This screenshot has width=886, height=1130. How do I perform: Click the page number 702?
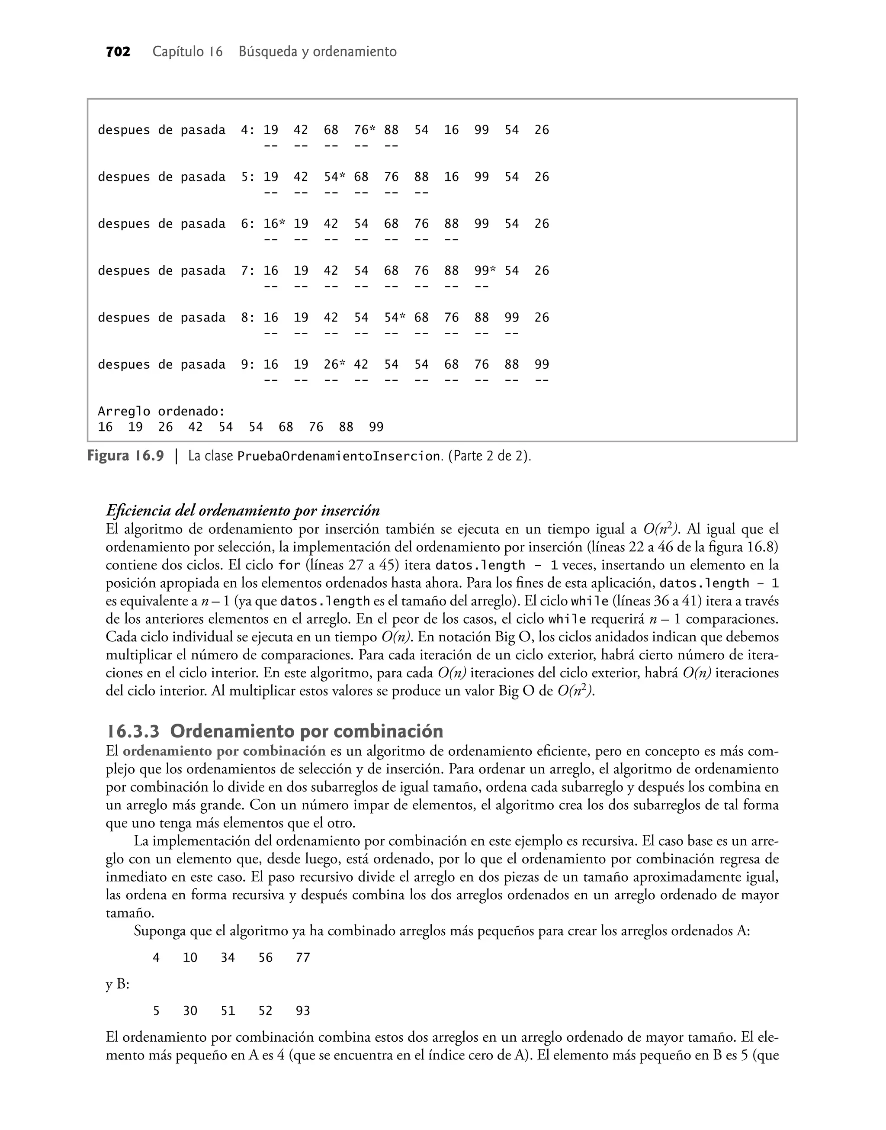[118, 52]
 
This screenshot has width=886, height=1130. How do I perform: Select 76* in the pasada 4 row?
[364, 130]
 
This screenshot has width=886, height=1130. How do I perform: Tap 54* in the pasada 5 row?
[334, 177]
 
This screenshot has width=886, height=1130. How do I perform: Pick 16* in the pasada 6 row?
[274, 224]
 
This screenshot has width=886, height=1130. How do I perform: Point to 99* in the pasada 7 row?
[485, 270]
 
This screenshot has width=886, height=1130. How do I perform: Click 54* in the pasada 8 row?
[394, 318]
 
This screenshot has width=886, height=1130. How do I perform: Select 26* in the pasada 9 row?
[334, 364]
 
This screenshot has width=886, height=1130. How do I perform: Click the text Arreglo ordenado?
[161, 412]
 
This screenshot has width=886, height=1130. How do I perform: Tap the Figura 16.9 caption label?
[125, 456]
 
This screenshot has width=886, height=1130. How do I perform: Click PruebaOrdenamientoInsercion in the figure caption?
[338, 457]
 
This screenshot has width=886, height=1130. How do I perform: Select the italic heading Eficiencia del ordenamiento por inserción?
[243, 511]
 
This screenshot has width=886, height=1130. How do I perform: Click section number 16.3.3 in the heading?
[133, 731]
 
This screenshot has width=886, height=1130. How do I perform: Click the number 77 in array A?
[302, 958]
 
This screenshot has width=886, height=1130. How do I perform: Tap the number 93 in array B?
[302, 1011]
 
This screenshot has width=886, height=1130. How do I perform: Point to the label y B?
[117, 984]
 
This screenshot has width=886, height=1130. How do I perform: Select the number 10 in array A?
[190, 958]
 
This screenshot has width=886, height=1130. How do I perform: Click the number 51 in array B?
[228, 1011]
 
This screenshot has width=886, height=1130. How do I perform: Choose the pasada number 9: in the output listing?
[247, 364]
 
